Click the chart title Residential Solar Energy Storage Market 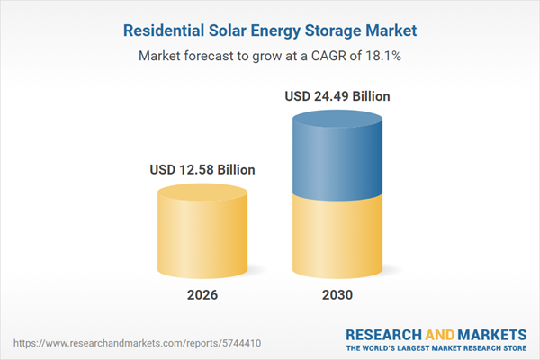(270, 31)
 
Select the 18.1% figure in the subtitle (381, 56)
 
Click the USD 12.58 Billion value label (202, 169)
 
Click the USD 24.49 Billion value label (337, 95)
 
